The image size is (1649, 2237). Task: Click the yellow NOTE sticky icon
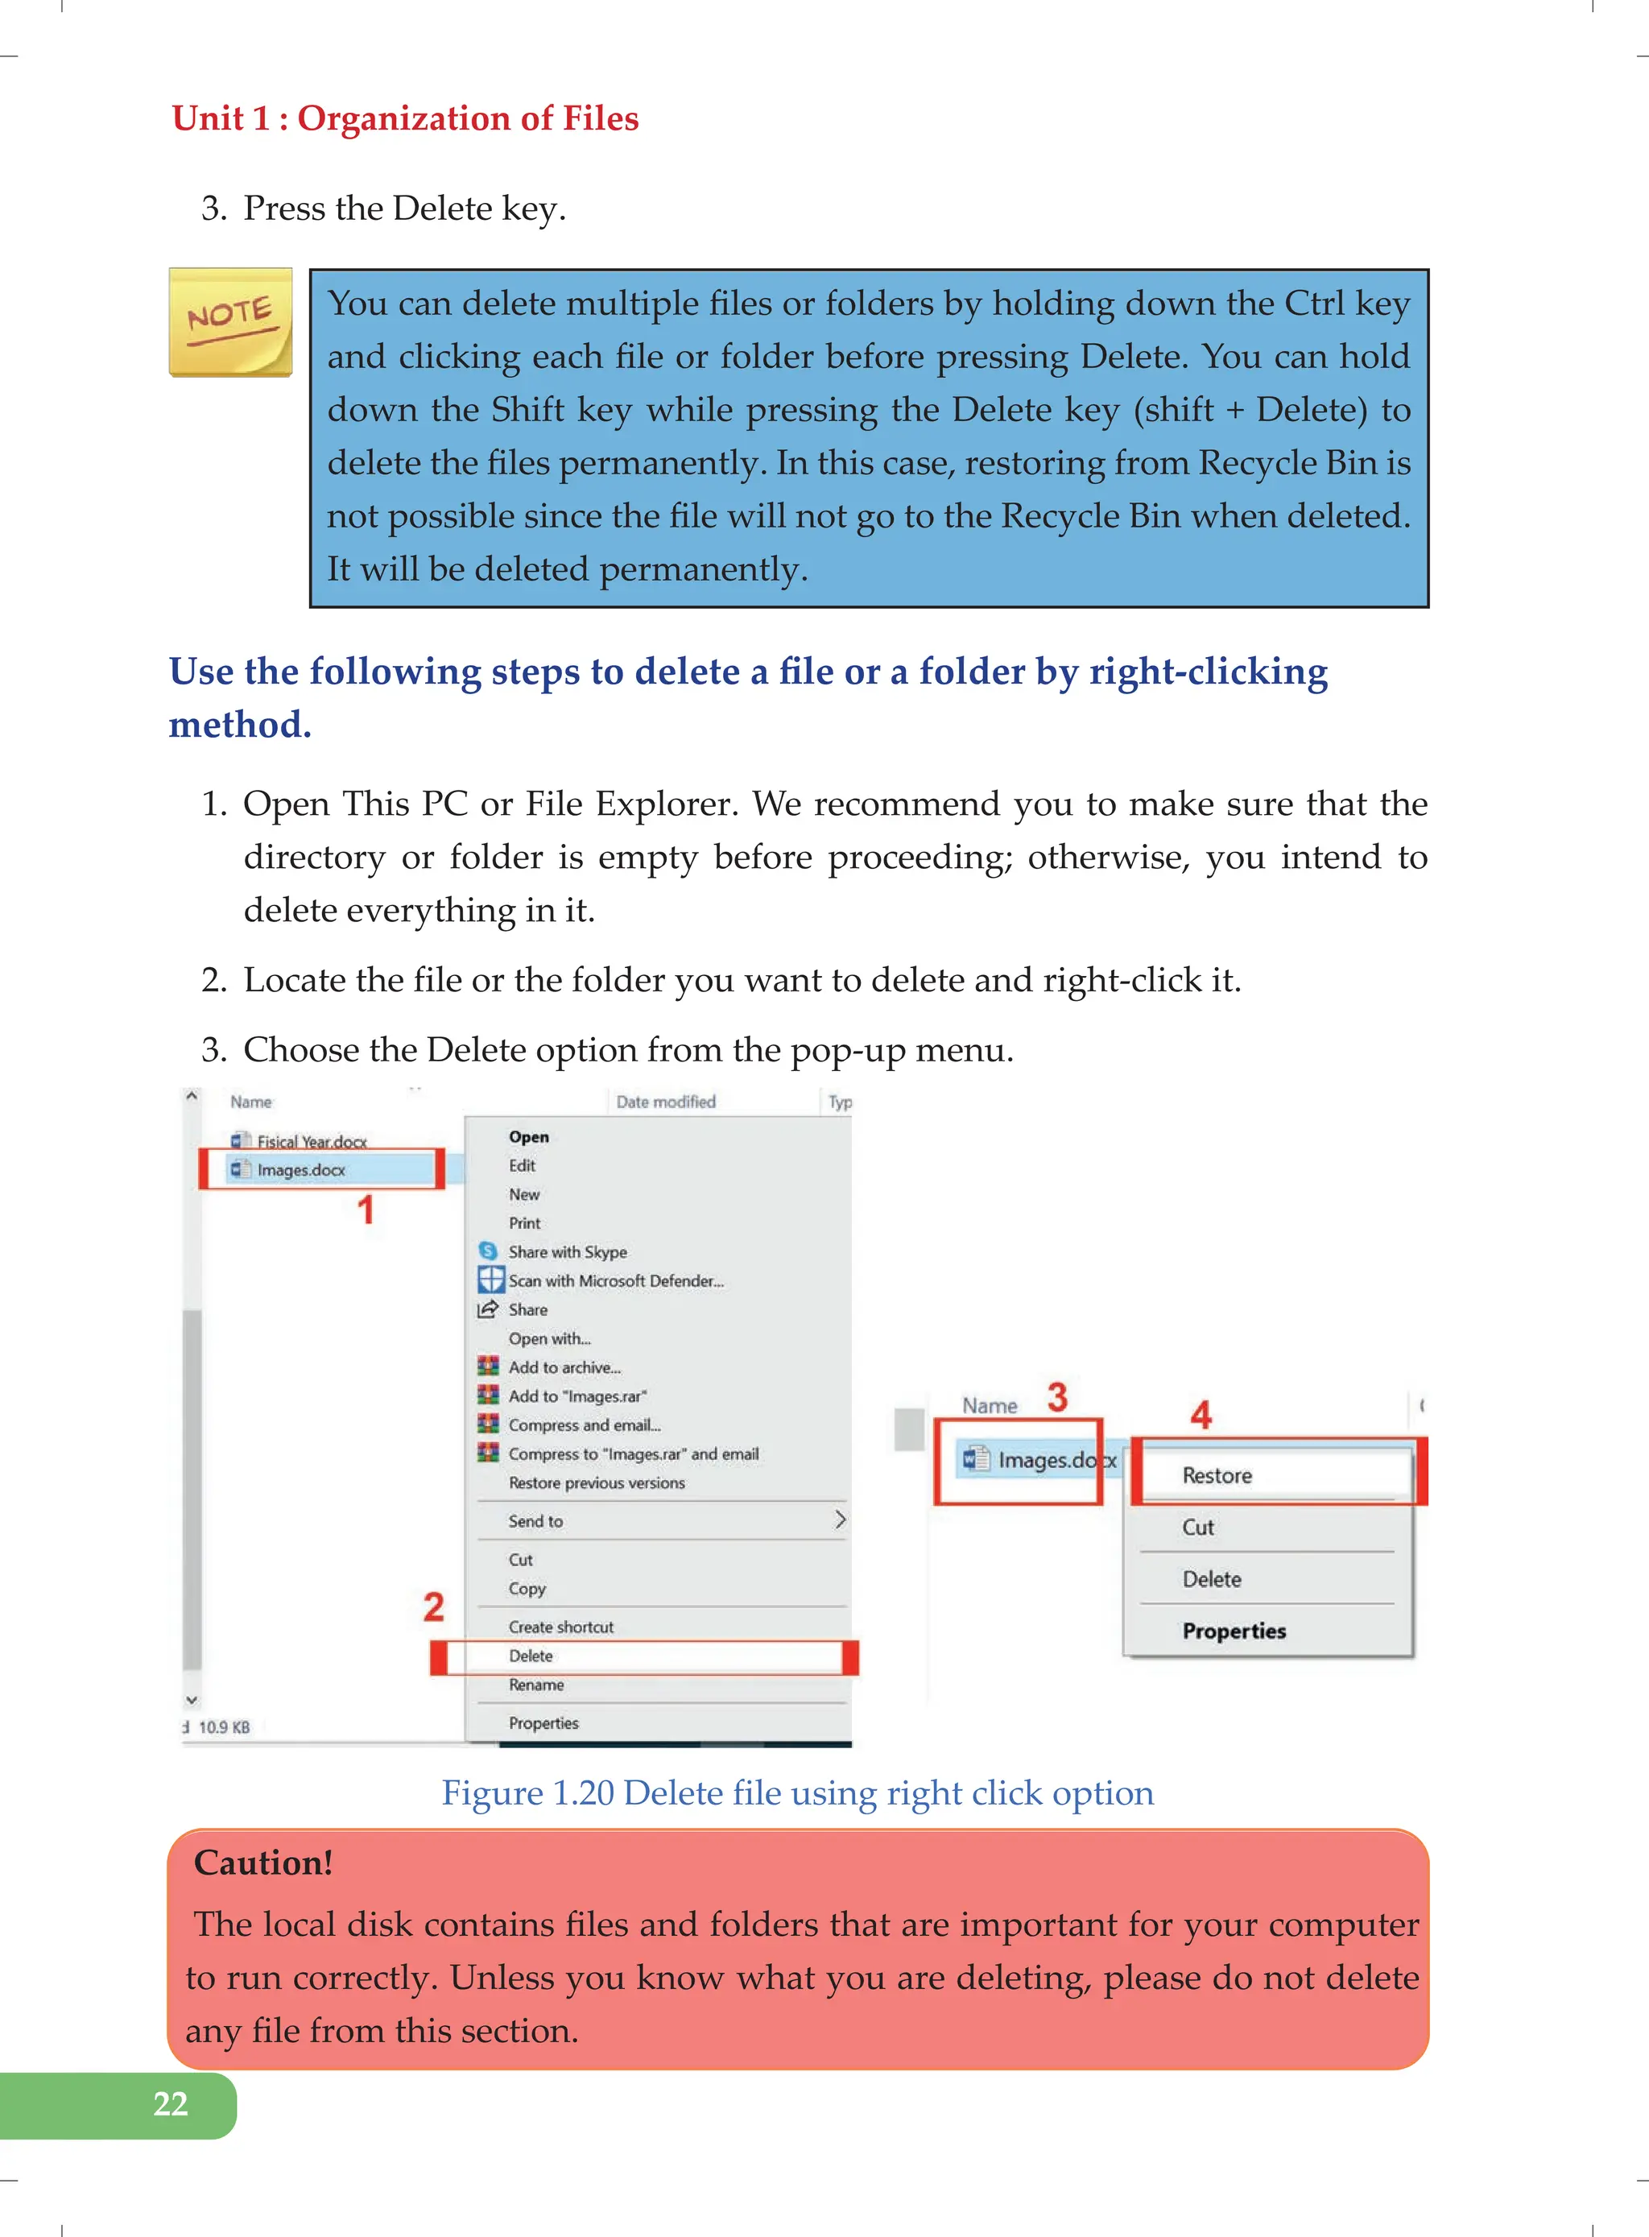click(230, 322)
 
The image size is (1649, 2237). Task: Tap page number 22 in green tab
click(171, 2103)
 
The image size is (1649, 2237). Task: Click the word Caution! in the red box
click(263, 1863)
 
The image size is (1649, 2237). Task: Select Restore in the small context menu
click(1217, 1475)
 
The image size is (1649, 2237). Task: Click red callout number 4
click(1201, 1415)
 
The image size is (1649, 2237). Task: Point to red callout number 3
click(1057, 1396)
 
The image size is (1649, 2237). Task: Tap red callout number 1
click(366, 1209)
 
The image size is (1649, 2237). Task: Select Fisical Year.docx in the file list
click(312, 1141)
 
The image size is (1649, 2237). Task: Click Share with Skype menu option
click(567, 1251)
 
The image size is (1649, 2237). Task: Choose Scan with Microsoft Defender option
click(615, 1280)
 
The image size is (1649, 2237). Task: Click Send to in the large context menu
click(536, 1521)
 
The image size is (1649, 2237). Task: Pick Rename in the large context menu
click(536, 1685)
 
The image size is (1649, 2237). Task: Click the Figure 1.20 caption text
click(798, 1792)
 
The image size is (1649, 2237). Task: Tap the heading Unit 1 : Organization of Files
click(405, 118)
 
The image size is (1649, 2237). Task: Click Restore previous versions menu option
click(597, 1483)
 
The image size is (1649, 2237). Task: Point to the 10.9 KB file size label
click(224, 1727)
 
